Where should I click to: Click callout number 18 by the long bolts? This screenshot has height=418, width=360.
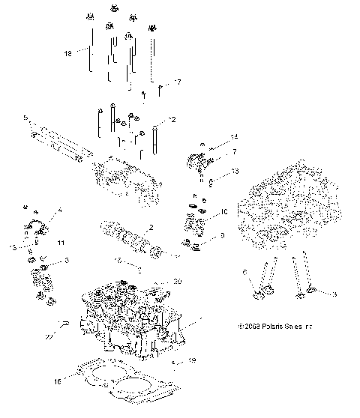(68, 54)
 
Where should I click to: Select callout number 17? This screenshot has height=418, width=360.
(178, 82)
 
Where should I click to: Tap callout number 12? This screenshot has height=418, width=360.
(172, 119)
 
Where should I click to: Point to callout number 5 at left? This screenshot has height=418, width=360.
(25, 118)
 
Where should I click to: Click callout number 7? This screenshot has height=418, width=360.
(213, 151)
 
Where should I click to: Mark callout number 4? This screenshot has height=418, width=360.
(60, 211)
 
